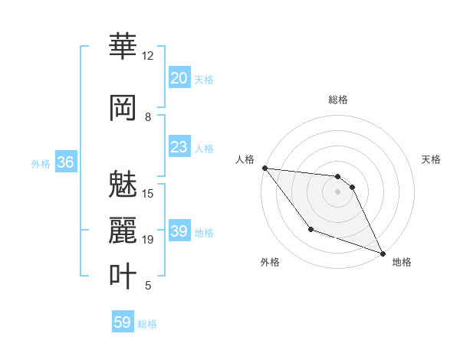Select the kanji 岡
click(x=123, y=107)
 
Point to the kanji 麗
click(x=123, y=230)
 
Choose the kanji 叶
click(x=123, y=276)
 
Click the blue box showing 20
click(x=179, y=78)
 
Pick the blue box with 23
click(x=179, y=147)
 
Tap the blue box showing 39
click(x=179, y=231)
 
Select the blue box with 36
click(x=65, y=162)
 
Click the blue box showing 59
click(x=123, y=322)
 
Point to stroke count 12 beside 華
click(x=147, y=56)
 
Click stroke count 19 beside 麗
click(x=147, y=240)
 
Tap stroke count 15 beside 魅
click(x=147, y=194)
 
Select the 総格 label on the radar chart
click(x=337, y=100)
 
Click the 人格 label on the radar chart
click(x=245, y=159)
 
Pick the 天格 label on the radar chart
click(x=431, y=159)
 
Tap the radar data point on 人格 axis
click(x=264, y=168)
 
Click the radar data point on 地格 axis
click(x=383, y=254)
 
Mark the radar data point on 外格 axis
click(x=310, y=229)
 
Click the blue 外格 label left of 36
click(x=41, y=163)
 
